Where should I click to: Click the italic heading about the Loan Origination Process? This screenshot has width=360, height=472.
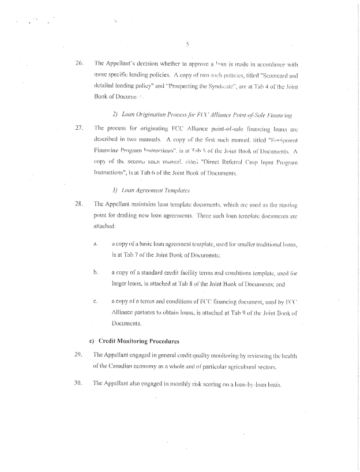pyautogui.click(x=196, y=113)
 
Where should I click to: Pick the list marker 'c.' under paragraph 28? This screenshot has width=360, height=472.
pyautogui.click(x=95, y=301)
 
